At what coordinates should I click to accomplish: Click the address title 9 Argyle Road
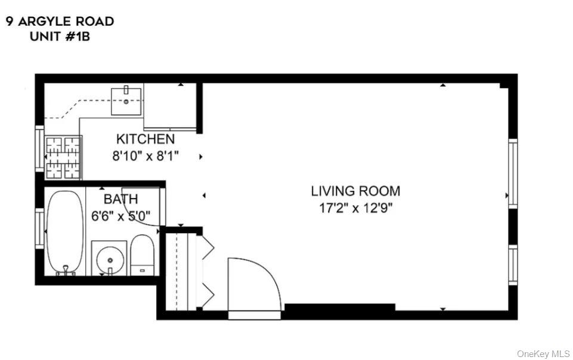(x=60, y=21)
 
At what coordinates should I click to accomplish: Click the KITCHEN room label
(x=145, y=139)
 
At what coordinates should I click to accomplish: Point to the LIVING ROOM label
(x=355, y=191)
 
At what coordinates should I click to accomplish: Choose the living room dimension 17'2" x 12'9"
(x=355, y=208)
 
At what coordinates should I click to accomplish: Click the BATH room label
(x=120, y=199)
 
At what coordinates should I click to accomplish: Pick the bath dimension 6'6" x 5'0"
(x=120, y=216)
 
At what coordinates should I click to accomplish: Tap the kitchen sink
(x=126, y=100)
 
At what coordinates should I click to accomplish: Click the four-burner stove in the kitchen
(x=63, y=157)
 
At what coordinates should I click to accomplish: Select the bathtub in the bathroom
(x=64, y=231)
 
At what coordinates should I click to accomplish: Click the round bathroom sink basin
(x=109, y=259)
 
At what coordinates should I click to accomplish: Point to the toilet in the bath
(x=142, y=255)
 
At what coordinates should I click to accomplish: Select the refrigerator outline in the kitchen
(x=170, y=106)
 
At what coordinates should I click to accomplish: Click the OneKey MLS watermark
(x=543, y=353)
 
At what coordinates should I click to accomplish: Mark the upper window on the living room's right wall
(x=512, y=173)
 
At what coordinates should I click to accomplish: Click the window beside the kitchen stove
(x=39, y=149)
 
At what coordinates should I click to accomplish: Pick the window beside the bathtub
(x=39, y=229)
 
